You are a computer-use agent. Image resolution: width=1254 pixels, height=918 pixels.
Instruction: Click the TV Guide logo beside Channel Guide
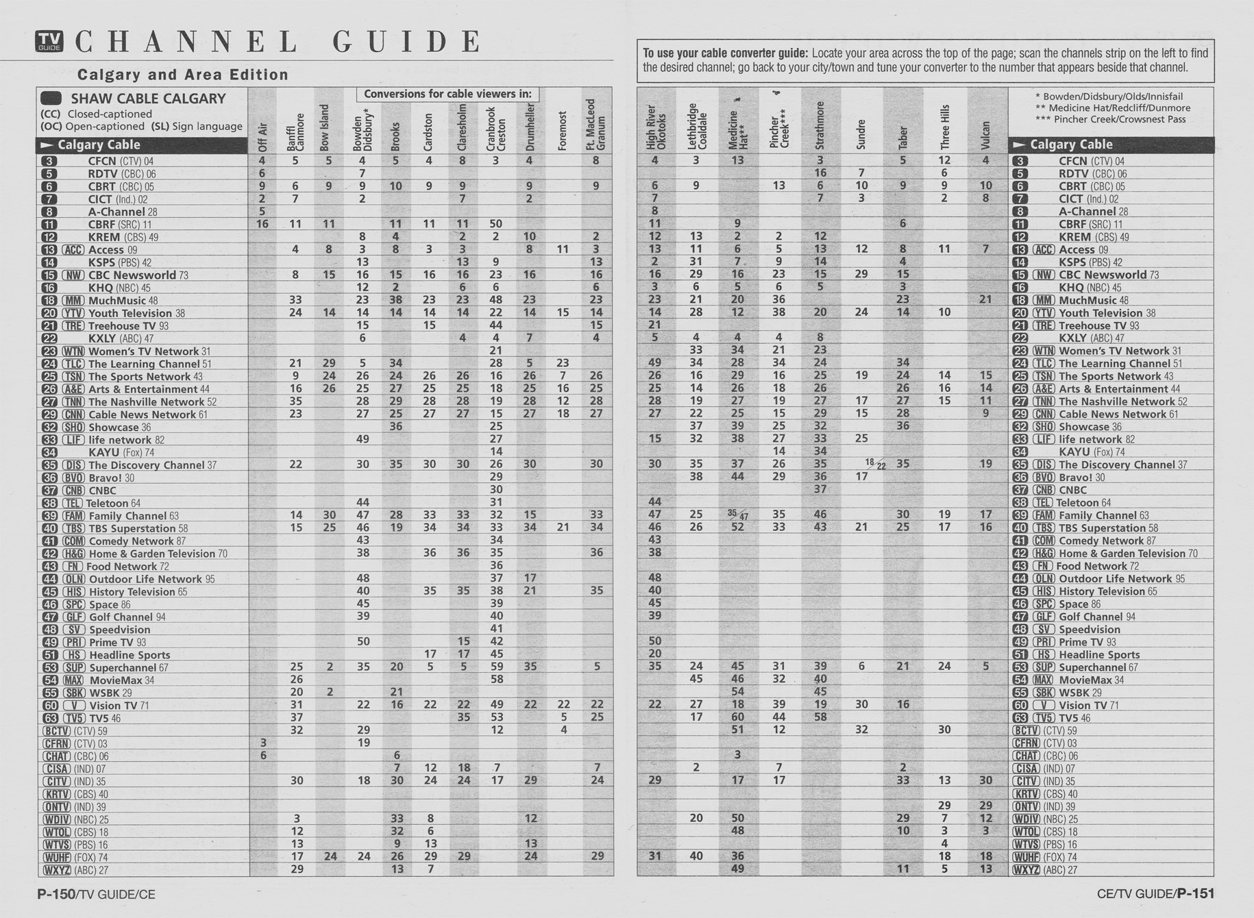click(x=49, y=42)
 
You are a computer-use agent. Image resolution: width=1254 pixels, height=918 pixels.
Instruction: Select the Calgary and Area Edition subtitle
click(x=182, y=75)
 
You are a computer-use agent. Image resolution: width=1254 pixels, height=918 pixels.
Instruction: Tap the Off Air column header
click(x=262, y=136)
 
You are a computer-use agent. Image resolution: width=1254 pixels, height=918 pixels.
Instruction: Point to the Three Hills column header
click(x=945, y=127)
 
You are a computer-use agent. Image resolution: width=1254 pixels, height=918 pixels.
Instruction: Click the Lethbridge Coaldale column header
click(x=697, y=126)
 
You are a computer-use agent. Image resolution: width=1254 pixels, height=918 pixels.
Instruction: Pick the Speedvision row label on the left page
click(x=120, y=630)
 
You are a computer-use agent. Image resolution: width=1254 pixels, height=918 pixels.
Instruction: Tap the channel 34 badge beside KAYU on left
click(x=49, y=452)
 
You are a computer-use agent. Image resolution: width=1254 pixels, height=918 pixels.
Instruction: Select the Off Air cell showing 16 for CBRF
click(x=262, y=224)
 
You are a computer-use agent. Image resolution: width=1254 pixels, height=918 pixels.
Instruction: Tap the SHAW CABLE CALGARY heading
click(x=148, y=99)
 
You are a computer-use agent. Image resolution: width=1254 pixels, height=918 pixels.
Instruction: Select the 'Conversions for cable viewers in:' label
click(x=447, y=94)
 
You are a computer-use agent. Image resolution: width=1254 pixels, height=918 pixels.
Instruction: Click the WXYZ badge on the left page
click(x=56, y=870)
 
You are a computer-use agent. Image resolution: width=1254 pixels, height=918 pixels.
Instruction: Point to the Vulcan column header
click(x=986, y=135)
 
